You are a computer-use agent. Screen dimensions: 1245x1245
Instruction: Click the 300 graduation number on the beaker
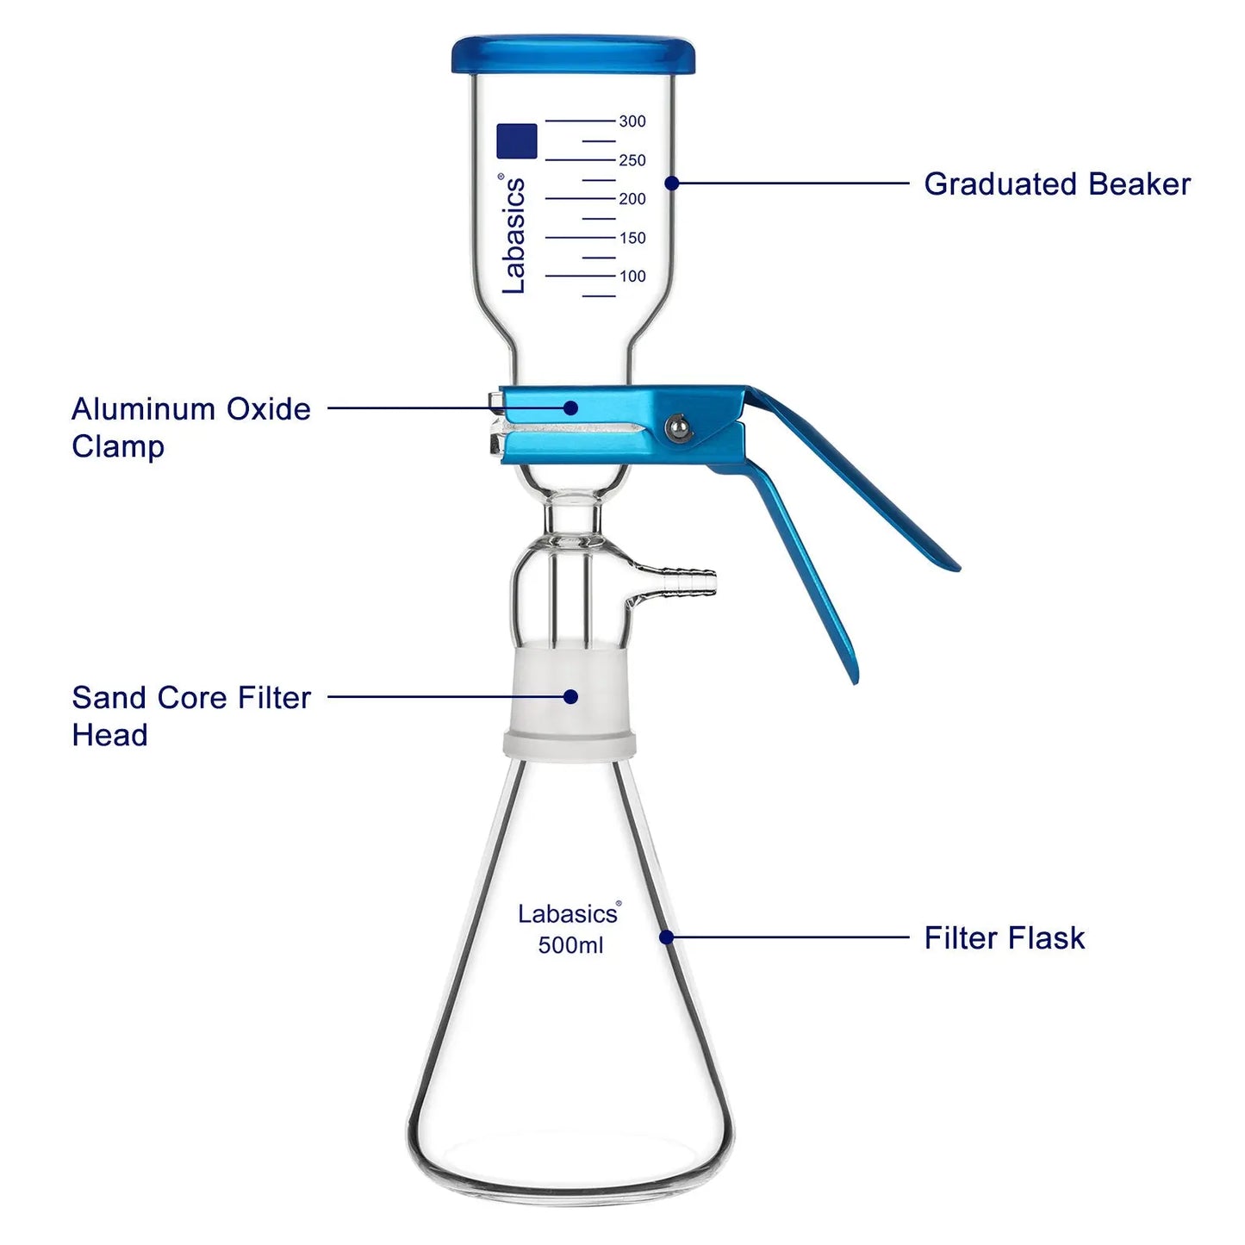point(632,121)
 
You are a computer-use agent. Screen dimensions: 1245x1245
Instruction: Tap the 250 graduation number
point(632,160)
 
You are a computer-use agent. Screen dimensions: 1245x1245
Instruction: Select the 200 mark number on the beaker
point(632,199)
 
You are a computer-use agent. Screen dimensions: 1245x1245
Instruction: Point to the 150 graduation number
point(632,238)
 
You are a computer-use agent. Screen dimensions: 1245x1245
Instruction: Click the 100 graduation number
point(632,277)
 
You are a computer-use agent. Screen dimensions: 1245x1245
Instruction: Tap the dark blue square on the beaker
point(517,140)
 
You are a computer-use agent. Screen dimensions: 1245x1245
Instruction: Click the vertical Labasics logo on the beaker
point(513,233)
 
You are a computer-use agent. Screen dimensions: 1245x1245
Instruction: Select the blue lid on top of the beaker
point(573,55)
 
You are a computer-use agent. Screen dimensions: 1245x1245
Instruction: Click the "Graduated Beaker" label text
point(1057,184)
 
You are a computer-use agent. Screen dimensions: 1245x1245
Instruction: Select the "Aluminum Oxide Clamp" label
point(191,427)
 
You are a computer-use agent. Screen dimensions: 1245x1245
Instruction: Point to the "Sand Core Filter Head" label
point(191,716)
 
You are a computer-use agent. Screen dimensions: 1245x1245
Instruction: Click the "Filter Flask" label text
point(1004,938)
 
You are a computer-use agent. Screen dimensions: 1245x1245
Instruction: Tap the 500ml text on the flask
point(570,945)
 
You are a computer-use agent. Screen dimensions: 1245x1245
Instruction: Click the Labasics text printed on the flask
point(570,913)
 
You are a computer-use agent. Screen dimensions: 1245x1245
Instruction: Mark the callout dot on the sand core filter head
point(570,696)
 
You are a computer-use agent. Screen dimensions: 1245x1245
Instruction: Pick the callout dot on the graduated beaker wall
point(672,184)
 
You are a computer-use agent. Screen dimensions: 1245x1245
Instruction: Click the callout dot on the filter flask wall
point(668,937)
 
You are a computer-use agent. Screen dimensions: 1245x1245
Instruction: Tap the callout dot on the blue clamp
point(570,408)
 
